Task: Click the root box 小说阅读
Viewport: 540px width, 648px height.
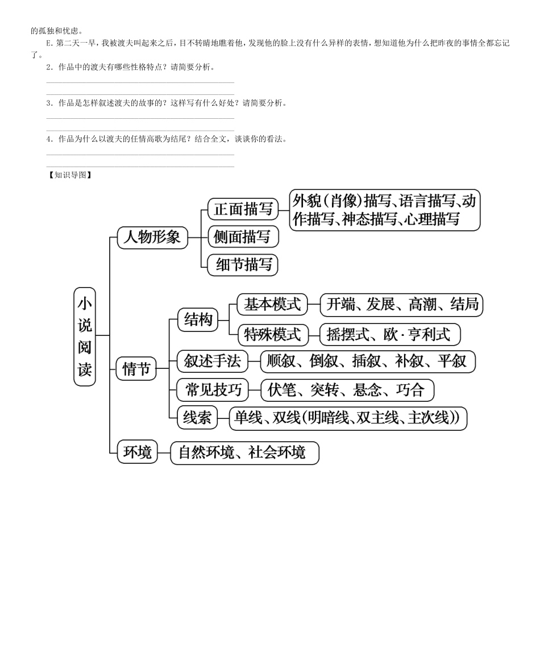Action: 85,337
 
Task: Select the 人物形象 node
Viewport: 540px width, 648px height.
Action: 152,236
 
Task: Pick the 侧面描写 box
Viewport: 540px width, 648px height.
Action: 243,236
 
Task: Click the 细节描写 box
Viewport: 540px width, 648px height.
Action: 243,264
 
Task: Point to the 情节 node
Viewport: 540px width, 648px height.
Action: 136,369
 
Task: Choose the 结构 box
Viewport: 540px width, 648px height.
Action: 198,321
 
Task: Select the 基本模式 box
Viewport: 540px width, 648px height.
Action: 272,305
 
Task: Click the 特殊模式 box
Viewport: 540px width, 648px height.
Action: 272,334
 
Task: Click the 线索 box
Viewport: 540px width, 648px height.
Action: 197,418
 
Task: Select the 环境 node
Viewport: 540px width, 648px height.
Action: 138,452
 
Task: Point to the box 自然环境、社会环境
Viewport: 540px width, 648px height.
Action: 244,452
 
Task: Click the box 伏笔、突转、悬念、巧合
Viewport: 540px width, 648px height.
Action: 347,390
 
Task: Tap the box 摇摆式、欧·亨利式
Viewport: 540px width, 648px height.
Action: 389,334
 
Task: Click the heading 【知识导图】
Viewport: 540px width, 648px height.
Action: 70,175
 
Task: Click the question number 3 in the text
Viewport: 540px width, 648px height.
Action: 49,103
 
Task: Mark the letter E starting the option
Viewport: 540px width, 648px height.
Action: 48,43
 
